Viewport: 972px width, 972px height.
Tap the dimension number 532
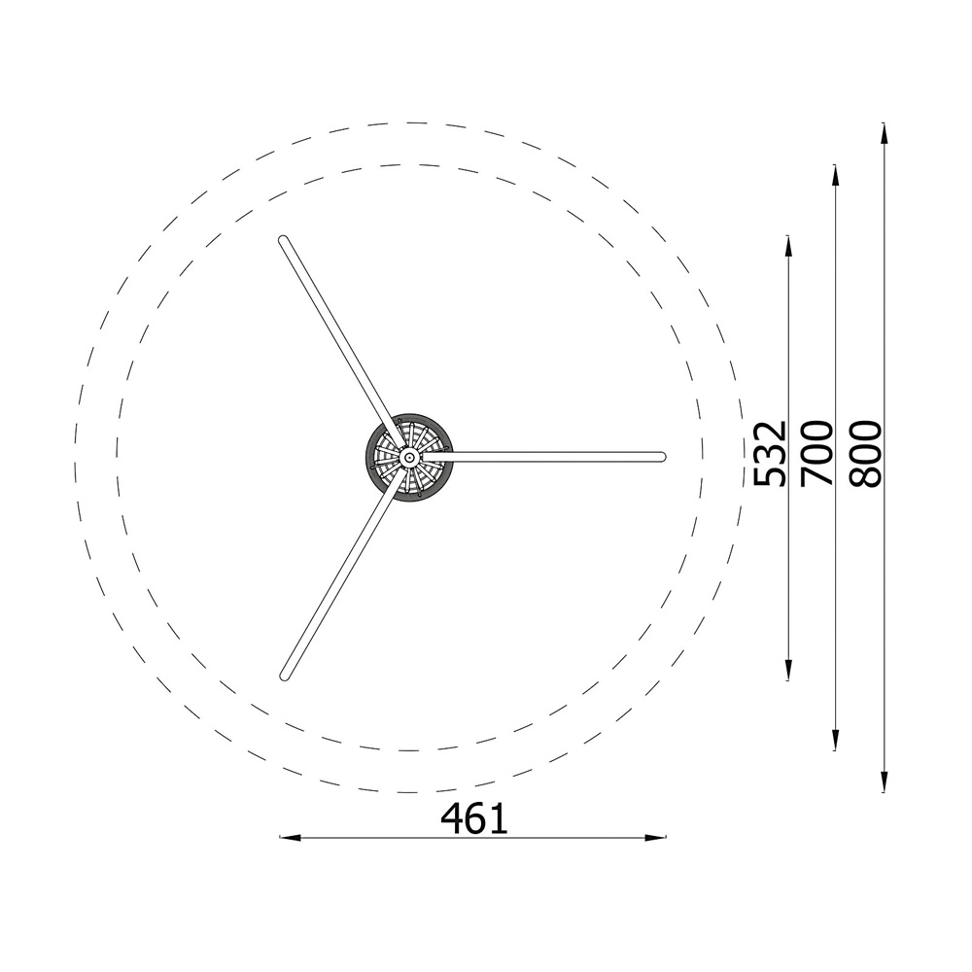[770, 453]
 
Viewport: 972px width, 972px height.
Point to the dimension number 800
[865, 453]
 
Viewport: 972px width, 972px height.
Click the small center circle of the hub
[408, 458]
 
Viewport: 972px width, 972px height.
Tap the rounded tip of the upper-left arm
[283, 240]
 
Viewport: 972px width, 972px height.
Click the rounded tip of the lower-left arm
[285, 676]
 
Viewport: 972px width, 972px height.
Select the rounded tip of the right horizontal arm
[661, 457]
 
